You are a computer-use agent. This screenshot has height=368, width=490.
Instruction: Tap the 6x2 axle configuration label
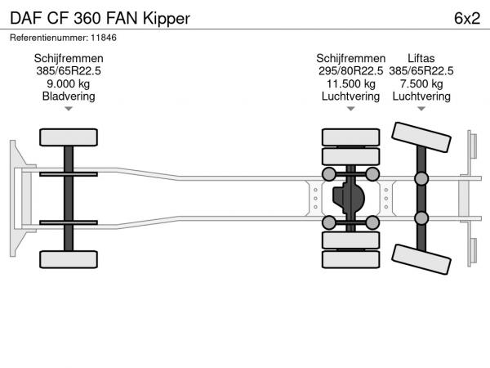click(x=465, y=17)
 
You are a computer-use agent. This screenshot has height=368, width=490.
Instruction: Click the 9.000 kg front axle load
click(x=69, y=83)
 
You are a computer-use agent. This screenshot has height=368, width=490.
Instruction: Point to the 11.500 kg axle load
click(x=351, y=83)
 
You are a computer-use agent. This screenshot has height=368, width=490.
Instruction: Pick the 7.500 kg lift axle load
click(x=421, y=83)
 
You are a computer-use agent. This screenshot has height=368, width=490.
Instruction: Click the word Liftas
click(x=421, y=58)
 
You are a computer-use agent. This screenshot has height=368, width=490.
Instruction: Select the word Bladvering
click(x=69, y=96)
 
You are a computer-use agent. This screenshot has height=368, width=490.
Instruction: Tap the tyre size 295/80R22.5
click(x=351, y=71)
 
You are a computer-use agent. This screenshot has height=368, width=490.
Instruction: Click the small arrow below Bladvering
click(x=69, y=108)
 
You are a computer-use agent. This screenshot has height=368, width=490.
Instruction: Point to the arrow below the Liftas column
click(x=421, y=108)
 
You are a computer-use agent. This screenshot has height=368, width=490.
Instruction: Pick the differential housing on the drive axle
click(x=351, y=197)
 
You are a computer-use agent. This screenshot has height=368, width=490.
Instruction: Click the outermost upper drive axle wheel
click(x=350, y=137)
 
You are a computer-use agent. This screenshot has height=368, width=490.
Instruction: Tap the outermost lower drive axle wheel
click(x=350, y=259)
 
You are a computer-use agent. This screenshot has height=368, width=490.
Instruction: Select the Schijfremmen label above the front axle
click(x=69, y=58)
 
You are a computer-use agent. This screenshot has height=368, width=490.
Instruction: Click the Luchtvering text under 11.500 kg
click(x=351, y=96)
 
